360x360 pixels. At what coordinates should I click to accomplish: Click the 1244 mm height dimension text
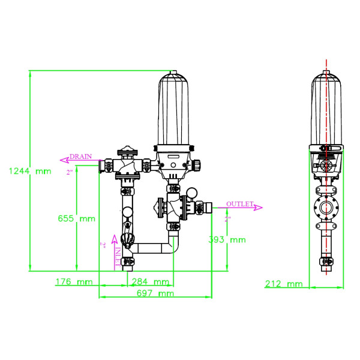(30, 171)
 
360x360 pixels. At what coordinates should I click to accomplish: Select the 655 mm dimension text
(76, 218)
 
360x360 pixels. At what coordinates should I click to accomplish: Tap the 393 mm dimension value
(227, 239)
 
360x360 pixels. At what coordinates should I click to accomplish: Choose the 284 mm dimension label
(150, 281)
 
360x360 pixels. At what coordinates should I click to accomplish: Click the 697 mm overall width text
(154, 293)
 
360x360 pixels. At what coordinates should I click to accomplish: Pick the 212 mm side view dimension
(284, 284)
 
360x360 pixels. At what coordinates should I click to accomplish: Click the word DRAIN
(81, 156)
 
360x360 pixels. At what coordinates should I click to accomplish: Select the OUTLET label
(240, 204)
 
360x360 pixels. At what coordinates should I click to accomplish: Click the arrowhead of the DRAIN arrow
(62, 160)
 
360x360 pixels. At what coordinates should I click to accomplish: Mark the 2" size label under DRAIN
(70, 173)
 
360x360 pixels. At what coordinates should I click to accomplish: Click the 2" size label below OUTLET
(227, 219)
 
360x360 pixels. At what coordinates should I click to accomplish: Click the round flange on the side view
(326, 209)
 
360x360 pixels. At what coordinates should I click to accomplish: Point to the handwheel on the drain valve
(127, 152)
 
